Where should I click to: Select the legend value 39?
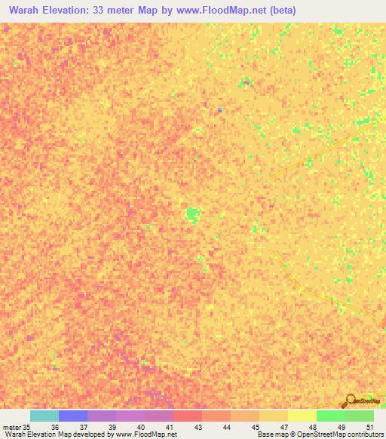(112, 427)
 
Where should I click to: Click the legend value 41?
(169, 427)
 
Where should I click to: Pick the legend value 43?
(198, 427)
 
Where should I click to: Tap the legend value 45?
(255, 427)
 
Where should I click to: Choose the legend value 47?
(283, 427)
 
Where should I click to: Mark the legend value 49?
(341, 427)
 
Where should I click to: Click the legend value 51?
(369, 427)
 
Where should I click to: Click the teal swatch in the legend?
(44, 416)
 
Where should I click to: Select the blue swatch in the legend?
(72, 416)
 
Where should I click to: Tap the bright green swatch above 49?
(330, 416)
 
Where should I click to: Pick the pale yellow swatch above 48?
(302, 416)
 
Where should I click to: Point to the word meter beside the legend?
(11, 427)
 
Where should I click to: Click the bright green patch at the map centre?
(193, 215)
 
